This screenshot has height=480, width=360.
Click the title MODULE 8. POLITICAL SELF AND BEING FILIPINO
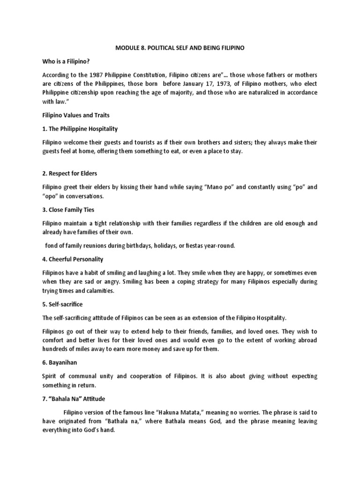tap(180, 48)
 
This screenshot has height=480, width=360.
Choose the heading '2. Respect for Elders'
tap(70, 173)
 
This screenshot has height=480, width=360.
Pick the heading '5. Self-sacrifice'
tap(67, 304)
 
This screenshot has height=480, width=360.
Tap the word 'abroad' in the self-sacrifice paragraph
tap(306, 340)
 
